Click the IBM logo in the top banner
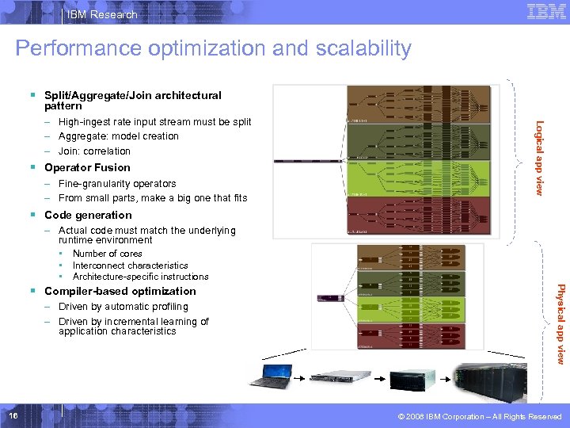(545, 12)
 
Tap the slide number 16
(12, 416)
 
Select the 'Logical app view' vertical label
(538, 158)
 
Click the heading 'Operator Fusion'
(87, 167)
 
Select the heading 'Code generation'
(88, 215)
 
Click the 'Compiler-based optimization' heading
(120, 291)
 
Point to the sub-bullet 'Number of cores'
(107, 254)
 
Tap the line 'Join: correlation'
(94, 151)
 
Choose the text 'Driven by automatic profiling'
(123, 307)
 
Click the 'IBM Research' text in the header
(102, 14)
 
